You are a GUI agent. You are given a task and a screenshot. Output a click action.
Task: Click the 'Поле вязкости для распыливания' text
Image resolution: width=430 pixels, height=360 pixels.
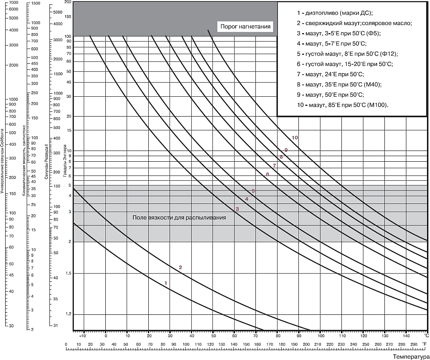(179, 218)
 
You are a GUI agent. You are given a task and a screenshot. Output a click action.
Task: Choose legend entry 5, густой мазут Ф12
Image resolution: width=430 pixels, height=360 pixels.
(347, 54)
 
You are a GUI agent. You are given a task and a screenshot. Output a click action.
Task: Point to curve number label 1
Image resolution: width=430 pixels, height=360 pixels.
(166, 283)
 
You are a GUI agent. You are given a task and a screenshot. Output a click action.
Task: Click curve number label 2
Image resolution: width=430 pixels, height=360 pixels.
(181, 268)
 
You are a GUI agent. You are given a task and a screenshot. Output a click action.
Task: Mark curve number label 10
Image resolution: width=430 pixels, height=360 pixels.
(295, 138)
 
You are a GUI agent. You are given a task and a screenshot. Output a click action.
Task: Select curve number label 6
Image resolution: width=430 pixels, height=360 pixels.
(267, 174)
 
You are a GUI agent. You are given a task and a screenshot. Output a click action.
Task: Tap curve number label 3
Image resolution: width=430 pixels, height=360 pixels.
(237, 209)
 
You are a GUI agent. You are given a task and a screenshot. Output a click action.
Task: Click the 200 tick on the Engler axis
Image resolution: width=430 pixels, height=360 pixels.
(67, 2)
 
